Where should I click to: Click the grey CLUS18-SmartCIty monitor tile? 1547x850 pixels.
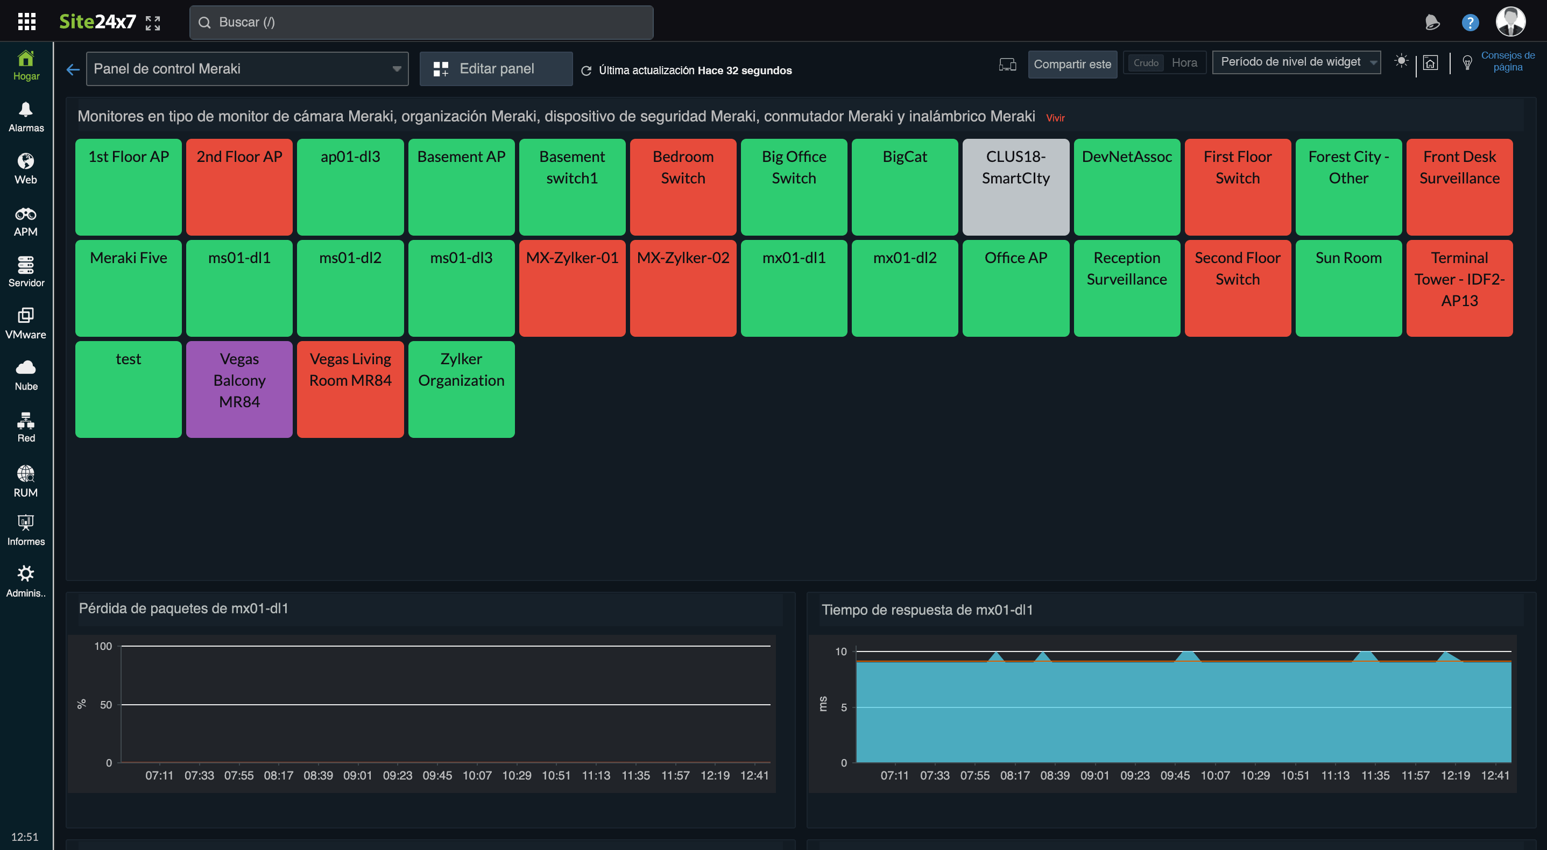pyautogui.click(x=1015, y=187)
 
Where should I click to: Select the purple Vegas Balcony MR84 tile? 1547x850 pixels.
pyautogui.click(x=239, y=389)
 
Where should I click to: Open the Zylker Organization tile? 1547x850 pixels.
pyautogui.click(x=461, y=389)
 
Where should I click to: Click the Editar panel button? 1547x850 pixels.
pyautogui.click(x=496, y=69)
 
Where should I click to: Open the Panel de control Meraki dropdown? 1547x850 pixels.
pyautogui.click(x=247, y=69)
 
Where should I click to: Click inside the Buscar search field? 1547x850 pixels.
pyautogui.click(x=420, y=23)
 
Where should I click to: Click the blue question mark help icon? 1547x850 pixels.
pyautogui.click(x=1470, y=23)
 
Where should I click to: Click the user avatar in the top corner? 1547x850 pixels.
pyautogui.click(x=1510, y=22)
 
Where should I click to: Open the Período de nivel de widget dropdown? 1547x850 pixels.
pyautogui.click(x=1296, y=62)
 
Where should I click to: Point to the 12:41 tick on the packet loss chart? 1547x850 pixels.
pyautogui.click(x=754, y=775)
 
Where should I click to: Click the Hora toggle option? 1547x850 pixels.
pyautogui.click(x=1184, y=63)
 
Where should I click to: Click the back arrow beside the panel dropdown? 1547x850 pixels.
pyautogui.click(x=73, y=69)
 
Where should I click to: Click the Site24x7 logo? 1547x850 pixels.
pyautogui.click(x=97, y=22)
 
